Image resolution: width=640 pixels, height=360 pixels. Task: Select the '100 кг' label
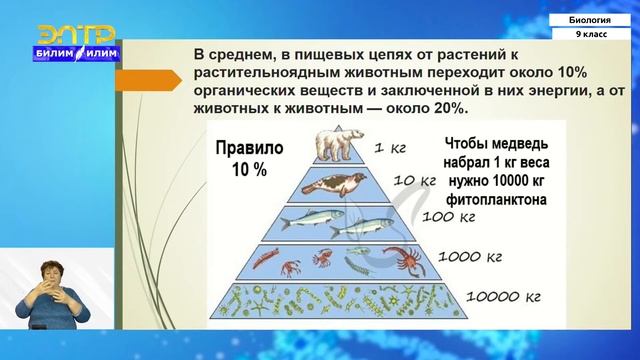coord(446,214)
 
